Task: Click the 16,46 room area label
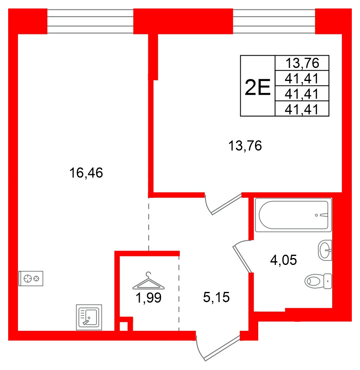tap(86, 173)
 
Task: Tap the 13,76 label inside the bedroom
tap(245, 146)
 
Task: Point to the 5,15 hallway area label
tap(217, 298)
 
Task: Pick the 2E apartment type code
tap(257, 86)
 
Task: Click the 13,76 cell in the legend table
tap(302, 63)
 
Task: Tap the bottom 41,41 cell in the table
tap(302, 109)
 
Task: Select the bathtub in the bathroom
tap(293, 215)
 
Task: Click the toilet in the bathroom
tap(318, 281)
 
